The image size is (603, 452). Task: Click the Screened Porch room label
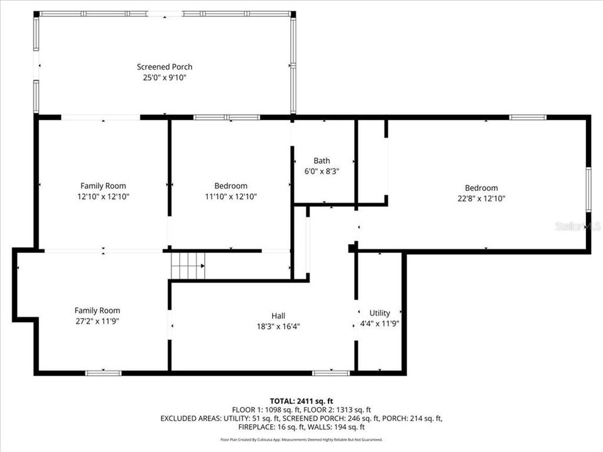[165, 67]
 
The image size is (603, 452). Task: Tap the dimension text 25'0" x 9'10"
[165, 78]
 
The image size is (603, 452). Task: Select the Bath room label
[322, 161]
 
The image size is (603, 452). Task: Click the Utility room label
[379, 313]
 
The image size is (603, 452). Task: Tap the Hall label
[279, 316]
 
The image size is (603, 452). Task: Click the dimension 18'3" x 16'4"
[279, 326]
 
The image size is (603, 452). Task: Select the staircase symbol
[188, 266]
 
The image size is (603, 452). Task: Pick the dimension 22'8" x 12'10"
[481, 198]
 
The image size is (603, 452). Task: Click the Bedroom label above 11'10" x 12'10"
[231, 186]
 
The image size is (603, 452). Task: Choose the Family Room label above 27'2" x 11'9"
[97, 310]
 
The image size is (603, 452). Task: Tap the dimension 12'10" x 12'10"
[103, 196]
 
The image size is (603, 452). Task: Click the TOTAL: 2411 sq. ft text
[301, 401]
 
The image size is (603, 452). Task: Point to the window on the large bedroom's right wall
[589, 190]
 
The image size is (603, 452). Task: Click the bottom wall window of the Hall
[331, 373]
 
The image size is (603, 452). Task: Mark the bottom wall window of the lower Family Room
[104, 373]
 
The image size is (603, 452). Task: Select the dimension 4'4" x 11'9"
[379, 324]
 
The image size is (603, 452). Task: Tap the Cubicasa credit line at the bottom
[301, 439]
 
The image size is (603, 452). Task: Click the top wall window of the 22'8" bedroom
[528, 117]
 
